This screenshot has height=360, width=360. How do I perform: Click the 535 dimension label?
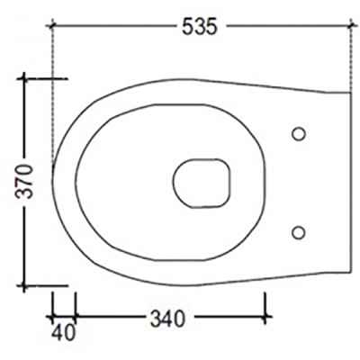point(199,27)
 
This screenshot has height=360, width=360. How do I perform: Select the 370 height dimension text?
point(24,181)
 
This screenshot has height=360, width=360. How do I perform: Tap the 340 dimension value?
point(167,319)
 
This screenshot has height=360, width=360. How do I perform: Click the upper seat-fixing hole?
point(299,134)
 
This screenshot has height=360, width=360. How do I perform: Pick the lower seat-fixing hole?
point(299,232)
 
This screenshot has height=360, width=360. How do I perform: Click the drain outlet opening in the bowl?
point(202,183)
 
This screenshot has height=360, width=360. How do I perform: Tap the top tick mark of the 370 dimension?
point(24,78)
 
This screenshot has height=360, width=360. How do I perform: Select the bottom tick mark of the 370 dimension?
point(24,286)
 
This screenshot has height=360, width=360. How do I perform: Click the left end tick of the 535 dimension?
point(52,26)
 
